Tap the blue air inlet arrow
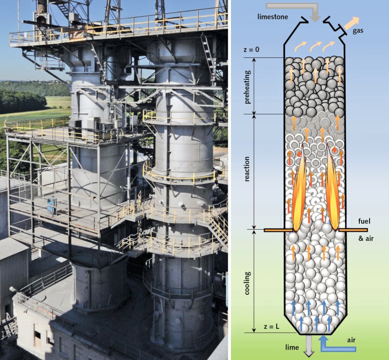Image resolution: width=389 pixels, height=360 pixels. coord(336,347)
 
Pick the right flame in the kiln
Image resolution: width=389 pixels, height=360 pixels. coord(332,190)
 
